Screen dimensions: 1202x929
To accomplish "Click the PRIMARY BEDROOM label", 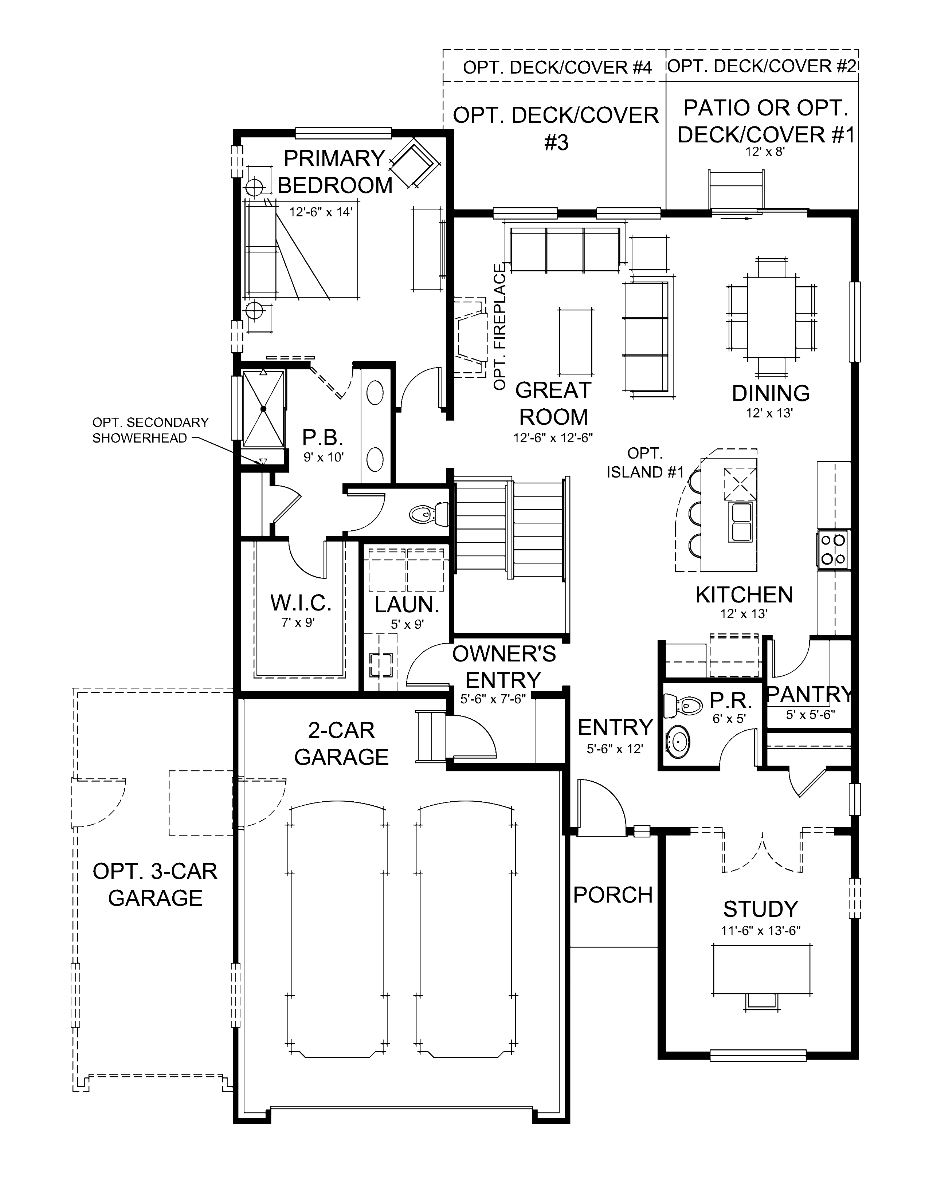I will (334, 172).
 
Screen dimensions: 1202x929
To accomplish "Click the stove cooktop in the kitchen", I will (833, 549).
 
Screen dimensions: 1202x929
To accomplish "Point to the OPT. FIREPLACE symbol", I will (471, 336).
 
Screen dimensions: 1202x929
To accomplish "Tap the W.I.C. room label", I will (301, 603).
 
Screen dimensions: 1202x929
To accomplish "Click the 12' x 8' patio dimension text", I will (764, 152).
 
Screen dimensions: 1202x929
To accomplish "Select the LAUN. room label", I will (407, 605).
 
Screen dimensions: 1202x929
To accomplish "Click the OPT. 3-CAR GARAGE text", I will (155, 884).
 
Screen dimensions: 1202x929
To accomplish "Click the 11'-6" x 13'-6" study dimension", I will (760, 931).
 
